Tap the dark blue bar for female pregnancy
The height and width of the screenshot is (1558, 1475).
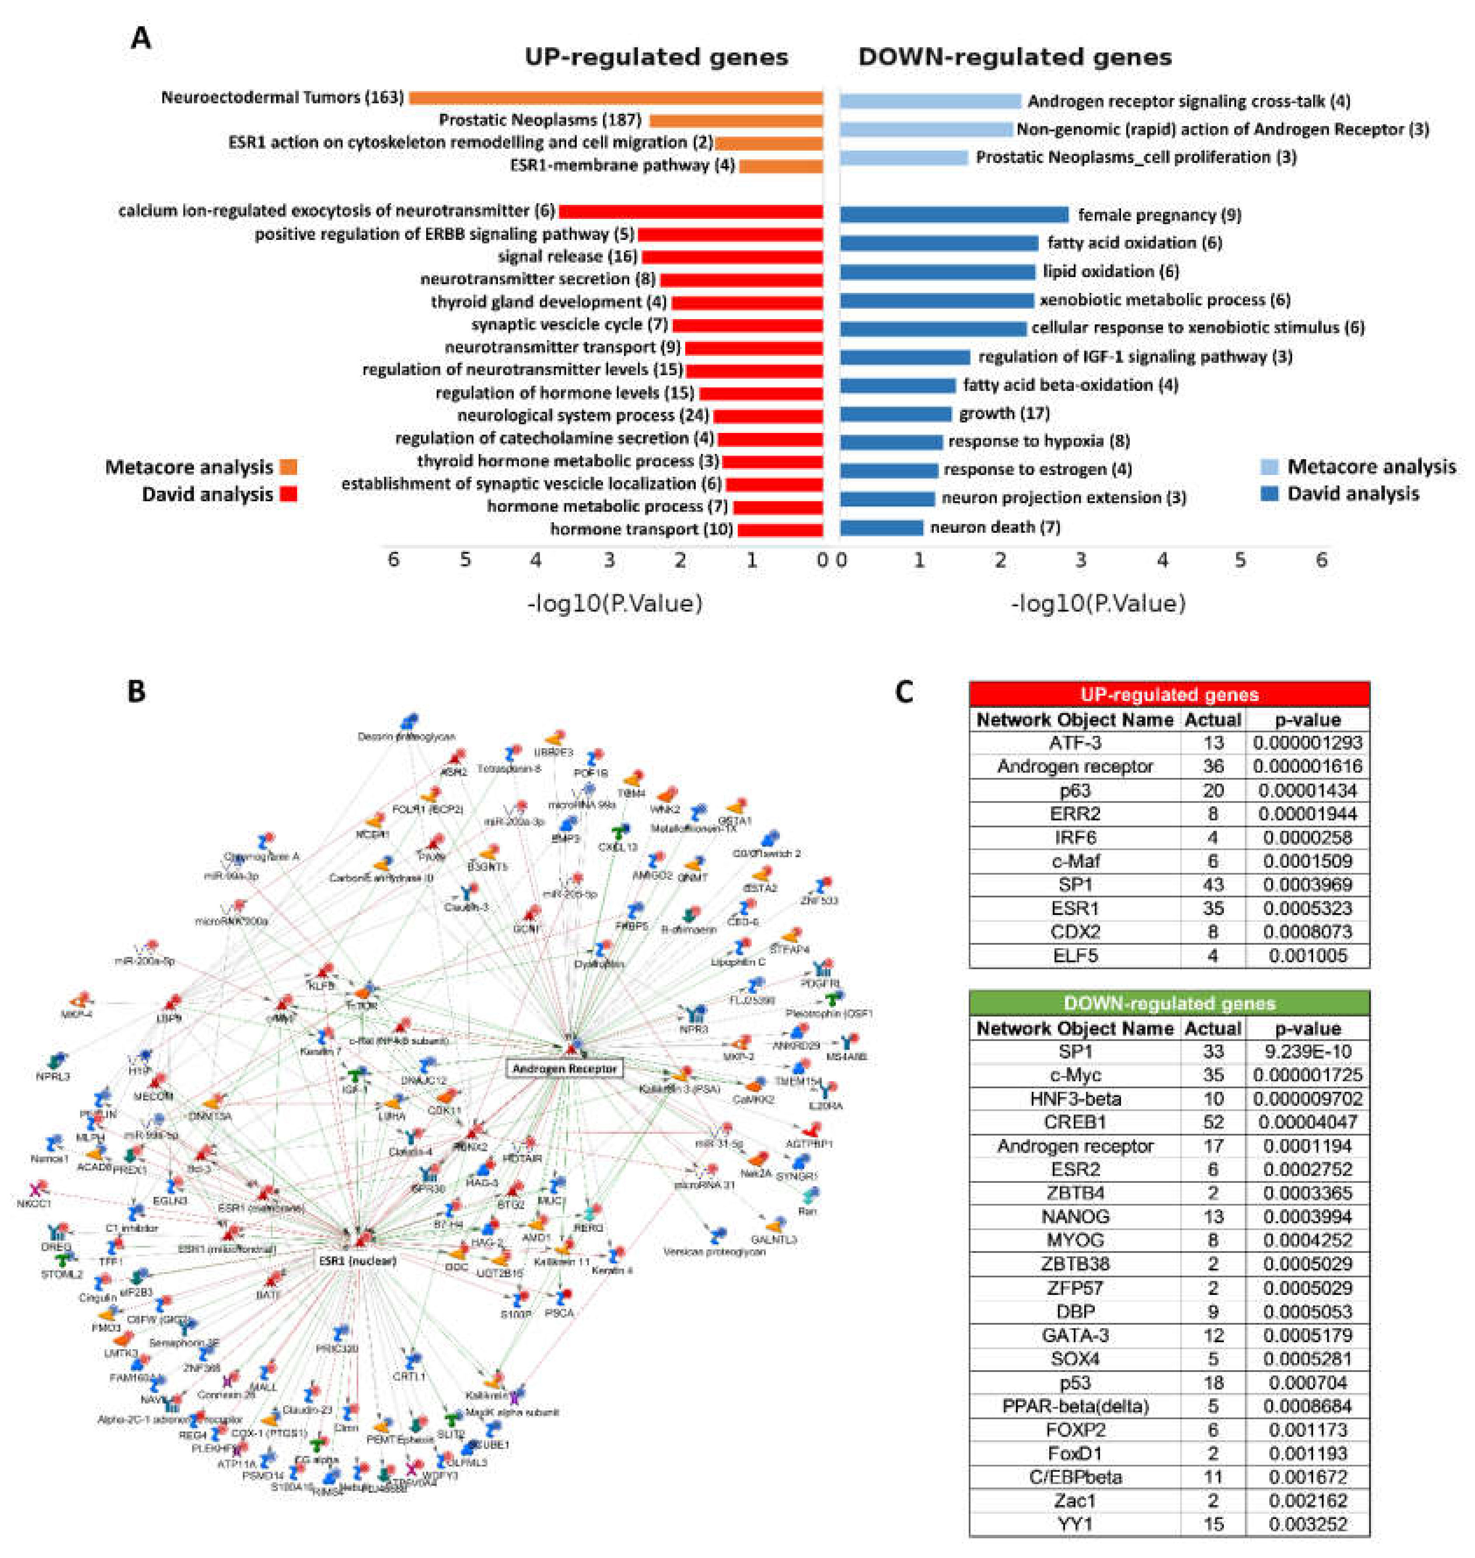tap(954, 215)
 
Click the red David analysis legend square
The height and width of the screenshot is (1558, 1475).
tap(288, 495)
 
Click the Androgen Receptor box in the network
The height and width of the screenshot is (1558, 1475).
tap(564, 1069)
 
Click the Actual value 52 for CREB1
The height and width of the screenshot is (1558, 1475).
tap(1213, 1122)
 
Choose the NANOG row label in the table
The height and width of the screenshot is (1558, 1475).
tap(1075, 1217)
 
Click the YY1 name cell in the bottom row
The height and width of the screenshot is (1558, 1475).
tap(1075, 1524)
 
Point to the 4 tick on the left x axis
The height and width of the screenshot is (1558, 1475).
tap(536, 560)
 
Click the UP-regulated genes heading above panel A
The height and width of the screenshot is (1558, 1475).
tap(656, 57)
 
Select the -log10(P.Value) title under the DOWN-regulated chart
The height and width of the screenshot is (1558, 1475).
tap(1097, 604)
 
